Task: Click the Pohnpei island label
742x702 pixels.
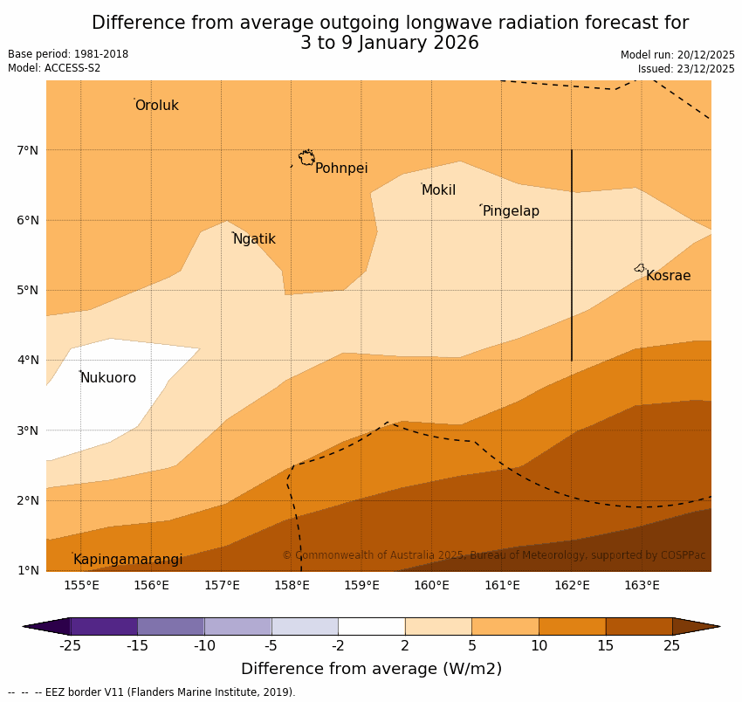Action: click(x=341, y=169)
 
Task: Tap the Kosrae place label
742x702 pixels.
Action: click(x=668, y=276)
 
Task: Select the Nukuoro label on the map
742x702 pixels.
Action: click(x=108, y=378)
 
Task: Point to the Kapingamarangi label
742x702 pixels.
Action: click(x=127, y=560)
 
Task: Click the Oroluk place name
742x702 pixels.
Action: click(x=156, y=106)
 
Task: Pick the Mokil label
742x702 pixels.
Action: click(x=438, y=190)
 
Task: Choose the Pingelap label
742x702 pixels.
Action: click(x=511, y=211)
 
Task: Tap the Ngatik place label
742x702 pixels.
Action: click(x=254, y=239)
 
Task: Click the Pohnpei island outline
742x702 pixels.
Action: click(x=306, y=158)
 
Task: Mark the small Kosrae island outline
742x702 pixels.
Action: click(x=640, y=268)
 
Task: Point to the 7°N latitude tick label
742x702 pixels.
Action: click(x=27, y=150)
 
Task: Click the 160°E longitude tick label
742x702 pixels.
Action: click(x=431, y=585)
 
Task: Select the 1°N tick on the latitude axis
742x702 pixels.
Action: click(x=27, y=570)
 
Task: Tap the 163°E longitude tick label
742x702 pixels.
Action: click(x=642, y=585)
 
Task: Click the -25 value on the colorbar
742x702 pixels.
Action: click(x=70, y=646)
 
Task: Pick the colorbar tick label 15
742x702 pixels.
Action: click(x=606, y=646)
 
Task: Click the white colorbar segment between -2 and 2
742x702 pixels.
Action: click(x=371, y=626)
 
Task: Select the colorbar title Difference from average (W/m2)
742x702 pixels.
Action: click(x=371, y=670)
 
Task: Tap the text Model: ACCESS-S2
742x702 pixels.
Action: click(x=54, y=68)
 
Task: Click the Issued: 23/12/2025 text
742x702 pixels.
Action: click(x=686, y=69)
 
